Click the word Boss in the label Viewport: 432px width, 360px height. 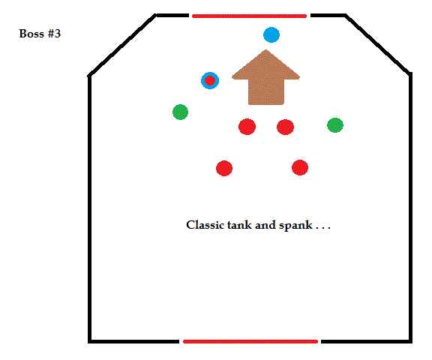[x=31, y=34]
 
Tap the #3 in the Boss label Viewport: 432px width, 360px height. [x=54, y=34]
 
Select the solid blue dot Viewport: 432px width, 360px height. [x=271, y=34]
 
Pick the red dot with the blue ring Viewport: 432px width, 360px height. [x=210, y=81]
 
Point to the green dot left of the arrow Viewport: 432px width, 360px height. [x=180, y=112]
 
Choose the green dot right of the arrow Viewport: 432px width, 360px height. [x=335, y=125]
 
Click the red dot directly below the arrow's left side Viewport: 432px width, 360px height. [x=247, y=127]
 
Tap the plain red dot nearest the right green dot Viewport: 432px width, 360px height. [x=285, y=127]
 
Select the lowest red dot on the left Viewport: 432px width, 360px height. [x=224, y=168]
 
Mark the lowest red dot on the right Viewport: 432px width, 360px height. [x=300, y=167]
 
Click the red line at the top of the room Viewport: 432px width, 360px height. [x=249, y=16]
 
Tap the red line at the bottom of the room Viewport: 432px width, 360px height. [x=250, y=341]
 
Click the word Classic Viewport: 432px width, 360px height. [x=205, y=225]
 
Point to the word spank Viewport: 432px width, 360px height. [x=295, y=226]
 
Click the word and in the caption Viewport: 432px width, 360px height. [x=265, y=225]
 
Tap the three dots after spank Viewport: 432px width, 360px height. [x=323, y=228]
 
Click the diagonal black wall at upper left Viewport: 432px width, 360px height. [x=121, y=45]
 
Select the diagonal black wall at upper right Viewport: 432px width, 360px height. [x=377, y=44]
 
